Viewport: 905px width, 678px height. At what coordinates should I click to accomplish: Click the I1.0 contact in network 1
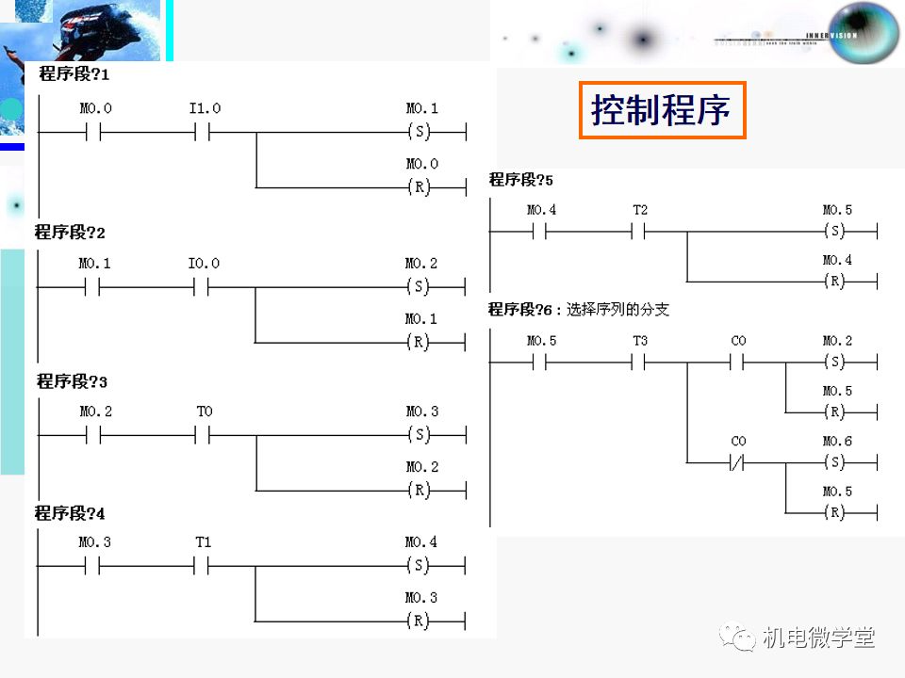[x=204, y=133]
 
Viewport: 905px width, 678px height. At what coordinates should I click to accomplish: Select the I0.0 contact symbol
[x=204, y=287]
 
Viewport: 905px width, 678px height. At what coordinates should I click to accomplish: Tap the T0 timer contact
[x=204, y=435]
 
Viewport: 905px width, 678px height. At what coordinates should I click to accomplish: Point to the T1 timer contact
[x=204, y=566]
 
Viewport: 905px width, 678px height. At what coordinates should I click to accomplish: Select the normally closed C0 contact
[x=738, y=462]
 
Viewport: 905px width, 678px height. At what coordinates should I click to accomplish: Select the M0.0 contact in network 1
[x=94, y=133]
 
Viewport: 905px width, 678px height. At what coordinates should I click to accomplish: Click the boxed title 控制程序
[x=662, y=111]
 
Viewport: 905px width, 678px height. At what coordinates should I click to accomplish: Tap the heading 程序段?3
[x=72, y=381]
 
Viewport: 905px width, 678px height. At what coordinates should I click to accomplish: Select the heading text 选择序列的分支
[x=617, y=309]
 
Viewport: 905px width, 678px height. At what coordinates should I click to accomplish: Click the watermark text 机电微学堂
[x=818, y=638]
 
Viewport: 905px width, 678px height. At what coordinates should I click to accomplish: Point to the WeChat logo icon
[x=739, y=638]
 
